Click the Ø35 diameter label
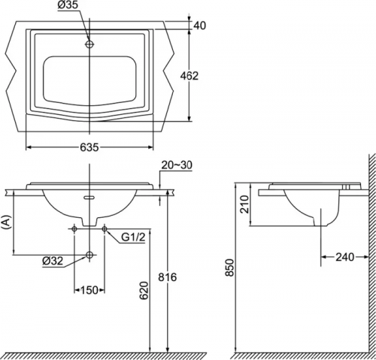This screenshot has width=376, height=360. coord(68,5)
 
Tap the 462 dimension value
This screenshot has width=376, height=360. coord(190,76)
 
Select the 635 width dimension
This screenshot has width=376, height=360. coord(89,147)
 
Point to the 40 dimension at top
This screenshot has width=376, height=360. coord(200,26)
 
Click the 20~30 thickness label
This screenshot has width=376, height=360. coord(177,165)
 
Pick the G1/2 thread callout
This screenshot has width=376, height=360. coord(133,237)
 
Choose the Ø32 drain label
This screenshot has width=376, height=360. coord(53,262)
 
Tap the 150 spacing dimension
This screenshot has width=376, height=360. coord(89,290)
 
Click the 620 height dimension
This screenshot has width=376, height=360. coord(144,290)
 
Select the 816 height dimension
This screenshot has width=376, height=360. coord(168,277)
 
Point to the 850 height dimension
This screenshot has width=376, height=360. coord(229,268)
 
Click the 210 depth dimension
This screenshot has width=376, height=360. coord(245,204)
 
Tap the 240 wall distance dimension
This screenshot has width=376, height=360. coord(345,257)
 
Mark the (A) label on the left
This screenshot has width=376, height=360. coord(7,222)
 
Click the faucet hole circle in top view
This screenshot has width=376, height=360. coord(89,44)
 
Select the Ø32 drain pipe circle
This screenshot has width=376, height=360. coord(89,255)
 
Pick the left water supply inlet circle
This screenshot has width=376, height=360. coord(74,228)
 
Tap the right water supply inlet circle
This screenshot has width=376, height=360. coord(105,228)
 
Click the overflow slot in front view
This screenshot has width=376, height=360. coord(89,198)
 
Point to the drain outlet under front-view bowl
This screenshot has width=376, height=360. coord(89,222)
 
